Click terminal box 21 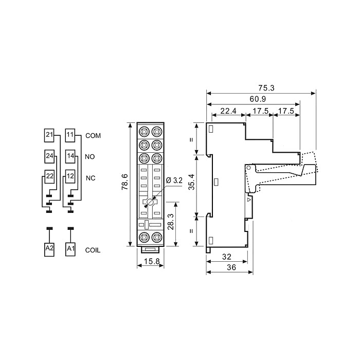tap(49, 135)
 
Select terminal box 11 tap(70, 135)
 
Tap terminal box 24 tap(49, 156)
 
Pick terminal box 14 tap(70, 156)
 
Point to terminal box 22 tap(49, 176)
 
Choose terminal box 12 tap(70, 176)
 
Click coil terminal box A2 tap(49, 249)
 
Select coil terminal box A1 tap(70, 249)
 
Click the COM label tap(93, 136)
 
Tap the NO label tap(90, 157)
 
